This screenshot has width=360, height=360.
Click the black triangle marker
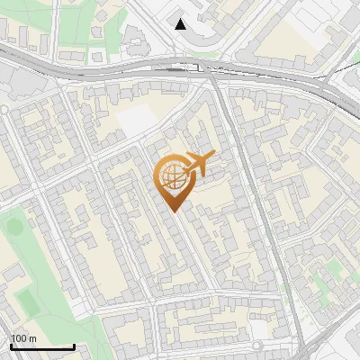[x=182, y=24]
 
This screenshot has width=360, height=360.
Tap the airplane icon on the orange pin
[x=198, y=164]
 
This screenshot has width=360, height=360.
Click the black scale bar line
[x=42, y=346]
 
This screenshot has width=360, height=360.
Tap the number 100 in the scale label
[x=18, y=338]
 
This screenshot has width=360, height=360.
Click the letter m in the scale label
[x=32, y=338]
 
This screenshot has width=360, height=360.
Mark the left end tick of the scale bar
[x=11, y=346]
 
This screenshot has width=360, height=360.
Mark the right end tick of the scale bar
[x=74, y=346]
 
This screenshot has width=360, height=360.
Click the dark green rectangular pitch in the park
[x=22, y=294]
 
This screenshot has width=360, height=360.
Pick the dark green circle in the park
[x=15, y=226]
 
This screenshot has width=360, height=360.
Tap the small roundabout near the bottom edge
[x=259, y=346]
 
